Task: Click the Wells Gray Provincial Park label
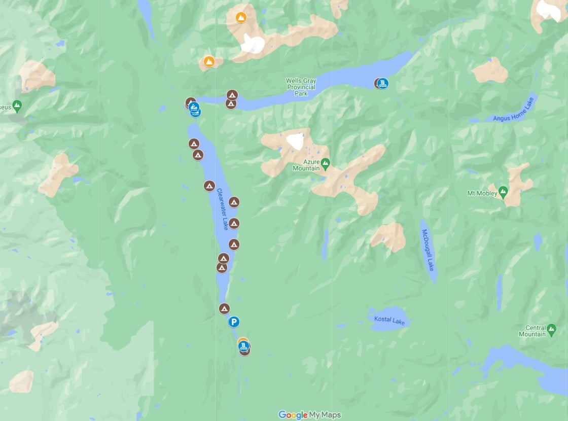(x=301, y=87)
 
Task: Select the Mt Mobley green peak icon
(x=503, y=192)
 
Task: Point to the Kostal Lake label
(x=390, y=320)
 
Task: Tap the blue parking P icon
(x=233, y=322)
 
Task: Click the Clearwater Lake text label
(x=223, y=209)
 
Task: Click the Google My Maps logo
(x=309, y=415)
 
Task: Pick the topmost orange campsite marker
(x=241, y=17)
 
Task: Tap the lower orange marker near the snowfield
(x=208, y=62)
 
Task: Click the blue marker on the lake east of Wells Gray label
(x=382, y=83)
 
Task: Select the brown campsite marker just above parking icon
(x=224, y=308)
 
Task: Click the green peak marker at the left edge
(x=17, y=106)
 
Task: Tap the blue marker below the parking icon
(x=244, y=346)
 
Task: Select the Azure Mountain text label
(x=306, y=165)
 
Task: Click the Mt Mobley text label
(x=481, y=193)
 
